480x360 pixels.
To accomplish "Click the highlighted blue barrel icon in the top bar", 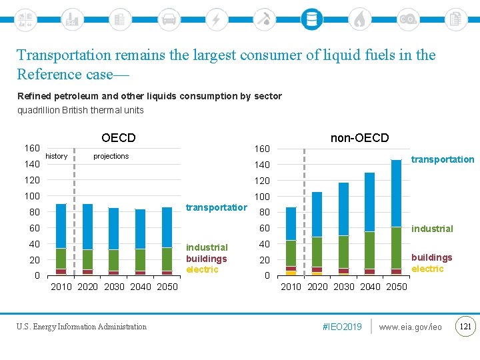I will pos(311,19).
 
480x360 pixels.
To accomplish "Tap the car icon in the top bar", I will pos(169,19).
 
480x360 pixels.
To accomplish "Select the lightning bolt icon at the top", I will pos(216,19).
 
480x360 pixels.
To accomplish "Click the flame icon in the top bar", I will pos(359,19).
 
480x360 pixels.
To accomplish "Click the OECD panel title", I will pos(119,138).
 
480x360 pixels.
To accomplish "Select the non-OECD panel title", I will pos(359,138).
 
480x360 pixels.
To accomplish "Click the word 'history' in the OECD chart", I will pos(56,156).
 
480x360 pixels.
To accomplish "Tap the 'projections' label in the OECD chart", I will pos(111,156).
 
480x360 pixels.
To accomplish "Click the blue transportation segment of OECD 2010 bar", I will pos(61,225).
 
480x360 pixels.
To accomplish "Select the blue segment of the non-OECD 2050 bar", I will pos(396,193).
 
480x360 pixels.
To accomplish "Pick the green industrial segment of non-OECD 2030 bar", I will pos(343,251).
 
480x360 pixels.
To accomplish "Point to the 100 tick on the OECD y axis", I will pos(32,196).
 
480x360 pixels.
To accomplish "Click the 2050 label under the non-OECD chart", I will pos(396,287).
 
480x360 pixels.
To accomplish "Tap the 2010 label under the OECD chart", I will pos(62,287).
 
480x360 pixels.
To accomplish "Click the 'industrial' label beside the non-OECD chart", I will pos(432,229).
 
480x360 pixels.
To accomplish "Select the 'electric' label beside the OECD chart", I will pos(202,270).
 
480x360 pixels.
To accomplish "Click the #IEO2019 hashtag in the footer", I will pos(342,327).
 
